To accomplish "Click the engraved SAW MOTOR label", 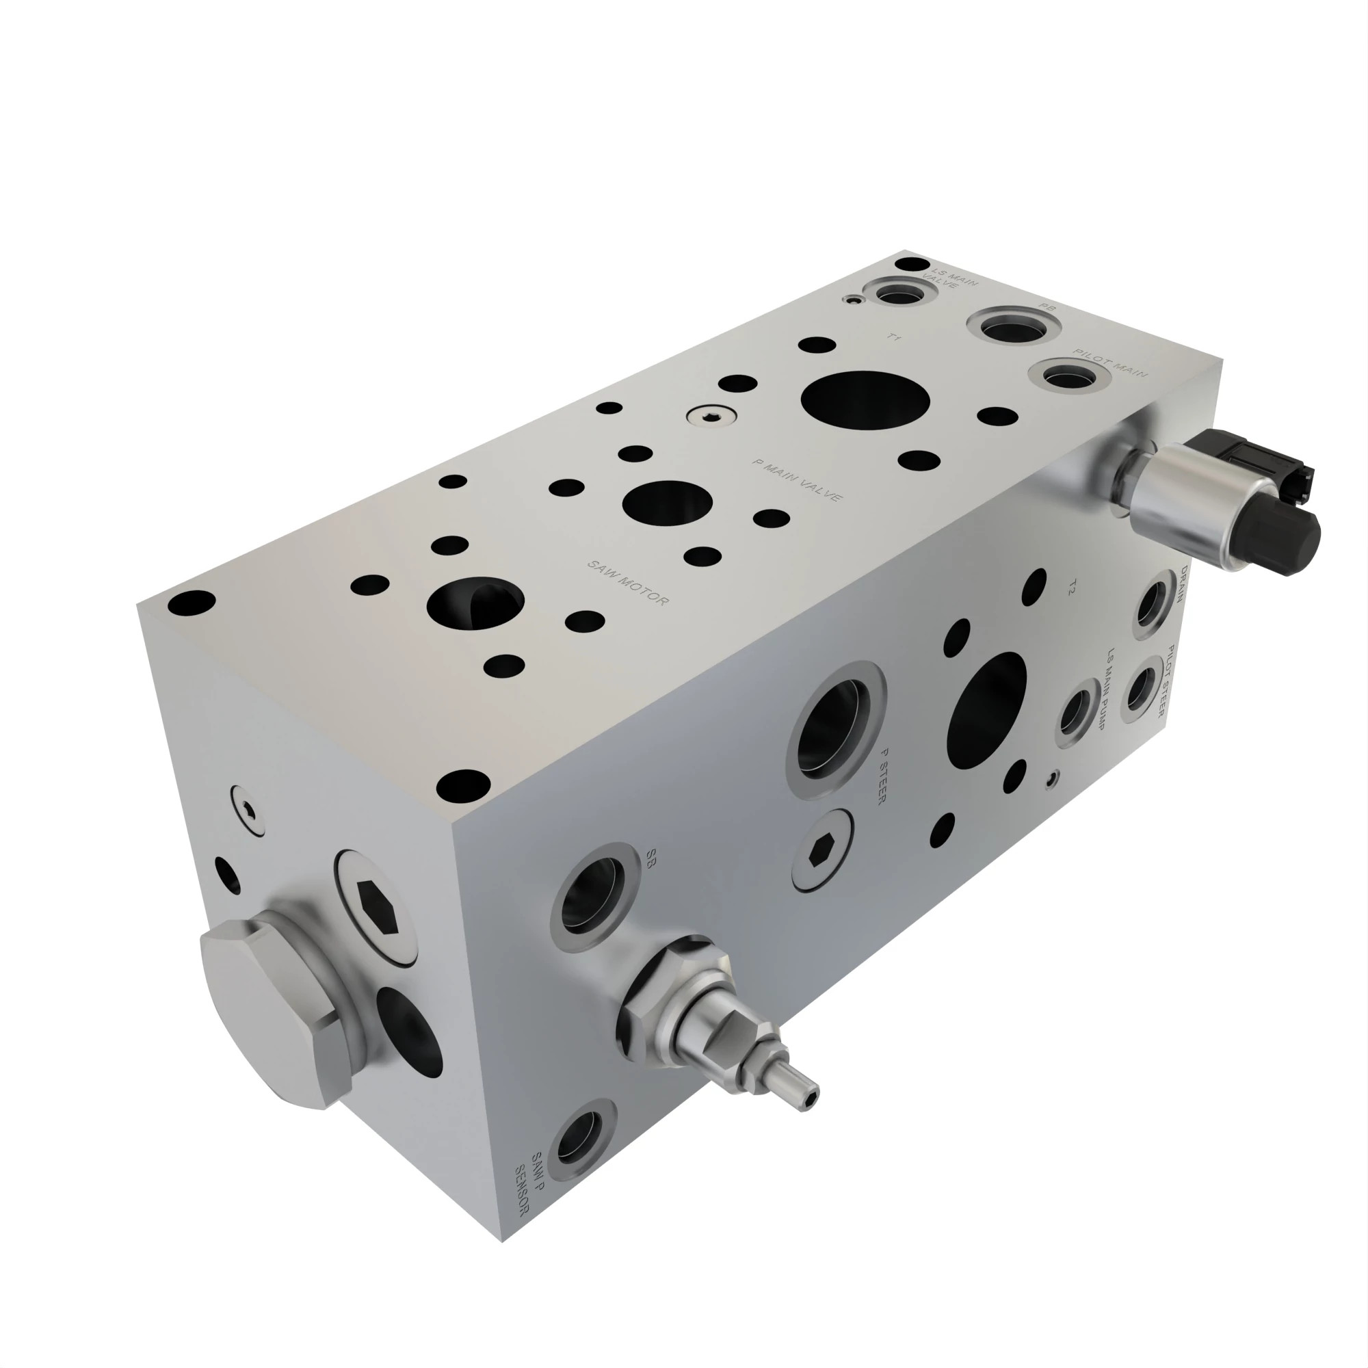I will [x=627, y=583].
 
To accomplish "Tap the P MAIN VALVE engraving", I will [x=798, y=481].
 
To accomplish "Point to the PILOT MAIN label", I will [x=1109, y=363].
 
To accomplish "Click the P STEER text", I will [x=882, y=777].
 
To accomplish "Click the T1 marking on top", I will [x=894, y=339].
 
